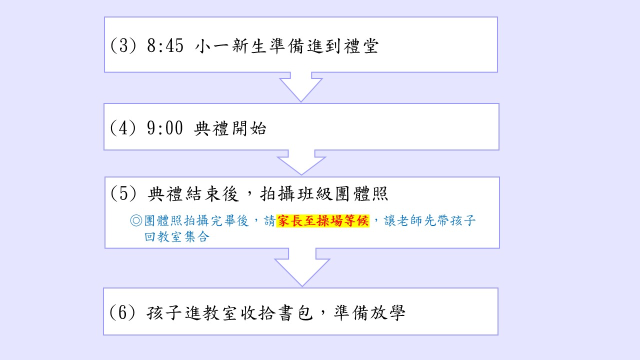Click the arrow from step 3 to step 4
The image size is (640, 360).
tap(300, 86)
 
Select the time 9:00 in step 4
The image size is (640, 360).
tap(165, 129)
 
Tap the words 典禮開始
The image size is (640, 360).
tap(230, 129)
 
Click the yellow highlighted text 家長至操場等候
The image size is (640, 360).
tap(322, 221)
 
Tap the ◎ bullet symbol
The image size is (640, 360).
tap(136, 221)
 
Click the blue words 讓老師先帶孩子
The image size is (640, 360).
tap(430, 221)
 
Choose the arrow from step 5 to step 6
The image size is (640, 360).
tap(302, 270)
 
